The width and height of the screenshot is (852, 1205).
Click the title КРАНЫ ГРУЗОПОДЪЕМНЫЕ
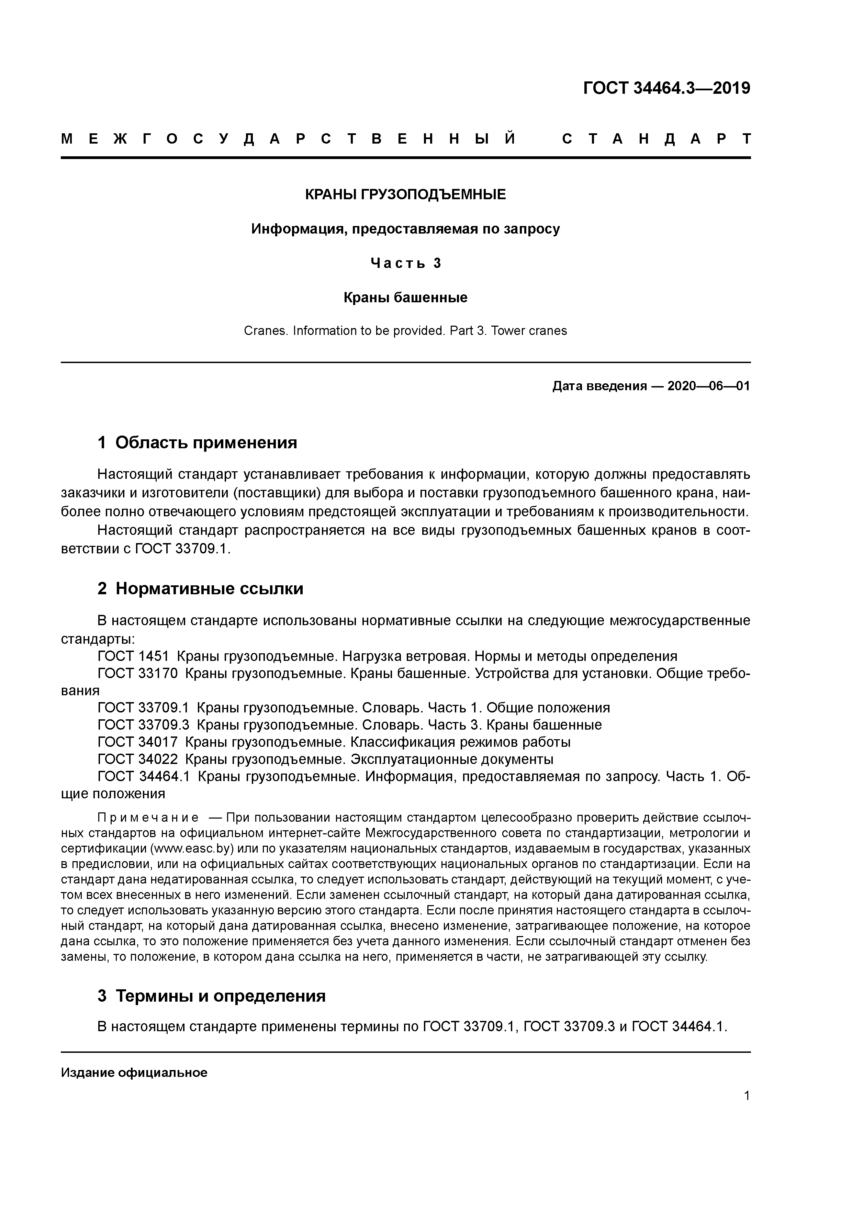[x=405, y=195]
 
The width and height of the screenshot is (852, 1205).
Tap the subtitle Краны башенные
[x=405, y=297]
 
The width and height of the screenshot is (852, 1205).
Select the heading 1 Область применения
[x=198, y=442]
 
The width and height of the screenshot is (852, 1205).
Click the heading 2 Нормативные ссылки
[x=201, y=588]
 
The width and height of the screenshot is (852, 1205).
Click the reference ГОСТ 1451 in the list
[x=133, y=656]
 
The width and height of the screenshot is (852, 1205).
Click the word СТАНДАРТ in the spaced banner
[x=656, y=139]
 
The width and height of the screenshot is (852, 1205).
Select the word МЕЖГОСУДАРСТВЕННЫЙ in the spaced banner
[x=288, y=139]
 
